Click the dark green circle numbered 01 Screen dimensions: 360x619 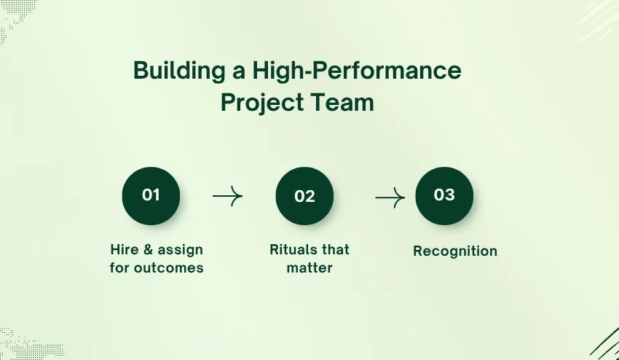pyautogui.click(x=151, y=195)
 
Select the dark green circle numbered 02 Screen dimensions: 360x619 pyautogui.click(x=304, y=196)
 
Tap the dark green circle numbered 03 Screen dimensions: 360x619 pyautogui.click(x=444, y=195)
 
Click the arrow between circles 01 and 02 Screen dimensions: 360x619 pyautogui.click(x=227, y=196)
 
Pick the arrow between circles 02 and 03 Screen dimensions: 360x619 pyautogui.click(x=390, y=197)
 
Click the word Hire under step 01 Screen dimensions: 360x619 pyautogui.click(x=125, y=249)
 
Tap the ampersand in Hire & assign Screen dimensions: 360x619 pyautogui.click(x=149, y=249)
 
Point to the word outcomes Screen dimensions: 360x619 pyautogui.click(x=169, y=267)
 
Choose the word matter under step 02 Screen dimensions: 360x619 pyautogui.click(x=309, y=267)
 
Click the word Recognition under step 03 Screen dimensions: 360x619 pyautogui.click(x=455, y=251)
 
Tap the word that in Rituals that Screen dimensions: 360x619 pyautogui.click(x=336, y=249)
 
